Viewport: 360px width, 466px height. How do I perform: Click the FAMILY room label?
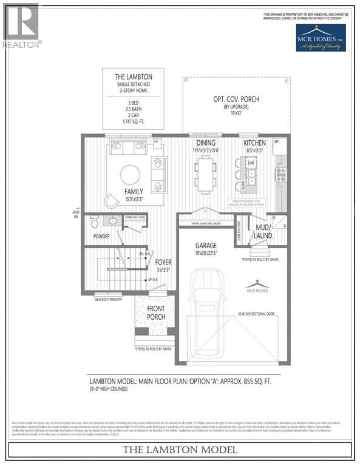134,191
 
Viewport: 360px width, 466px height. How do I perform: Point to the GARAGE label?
205,246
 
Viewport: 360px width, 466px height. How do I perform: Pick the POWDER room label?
101,236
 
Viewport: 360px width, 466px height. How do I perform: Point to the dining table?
204,174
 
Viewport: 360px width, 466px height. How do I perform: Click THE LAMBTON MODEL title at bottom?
180,450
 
